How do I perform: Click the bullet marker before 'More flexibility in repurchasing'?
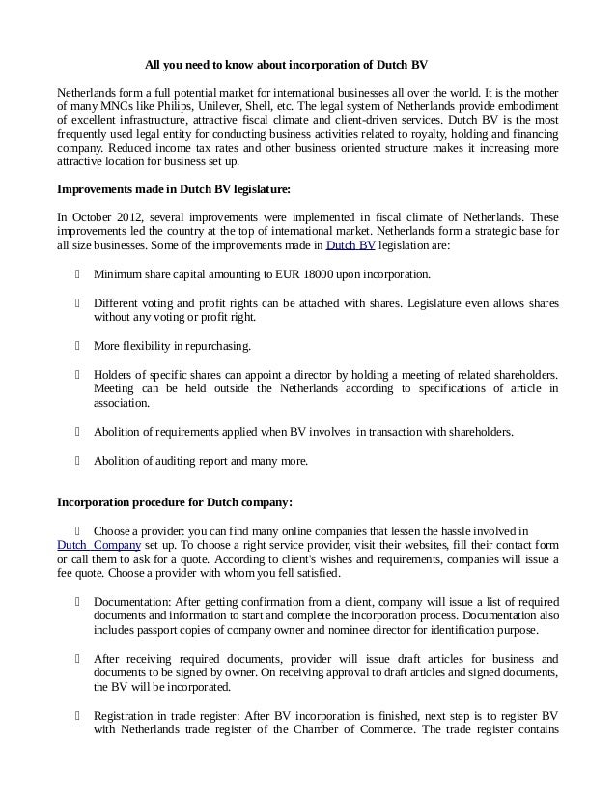click(76, 345)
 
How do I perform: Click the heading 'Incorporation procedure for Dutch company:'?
click(175, 502)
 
